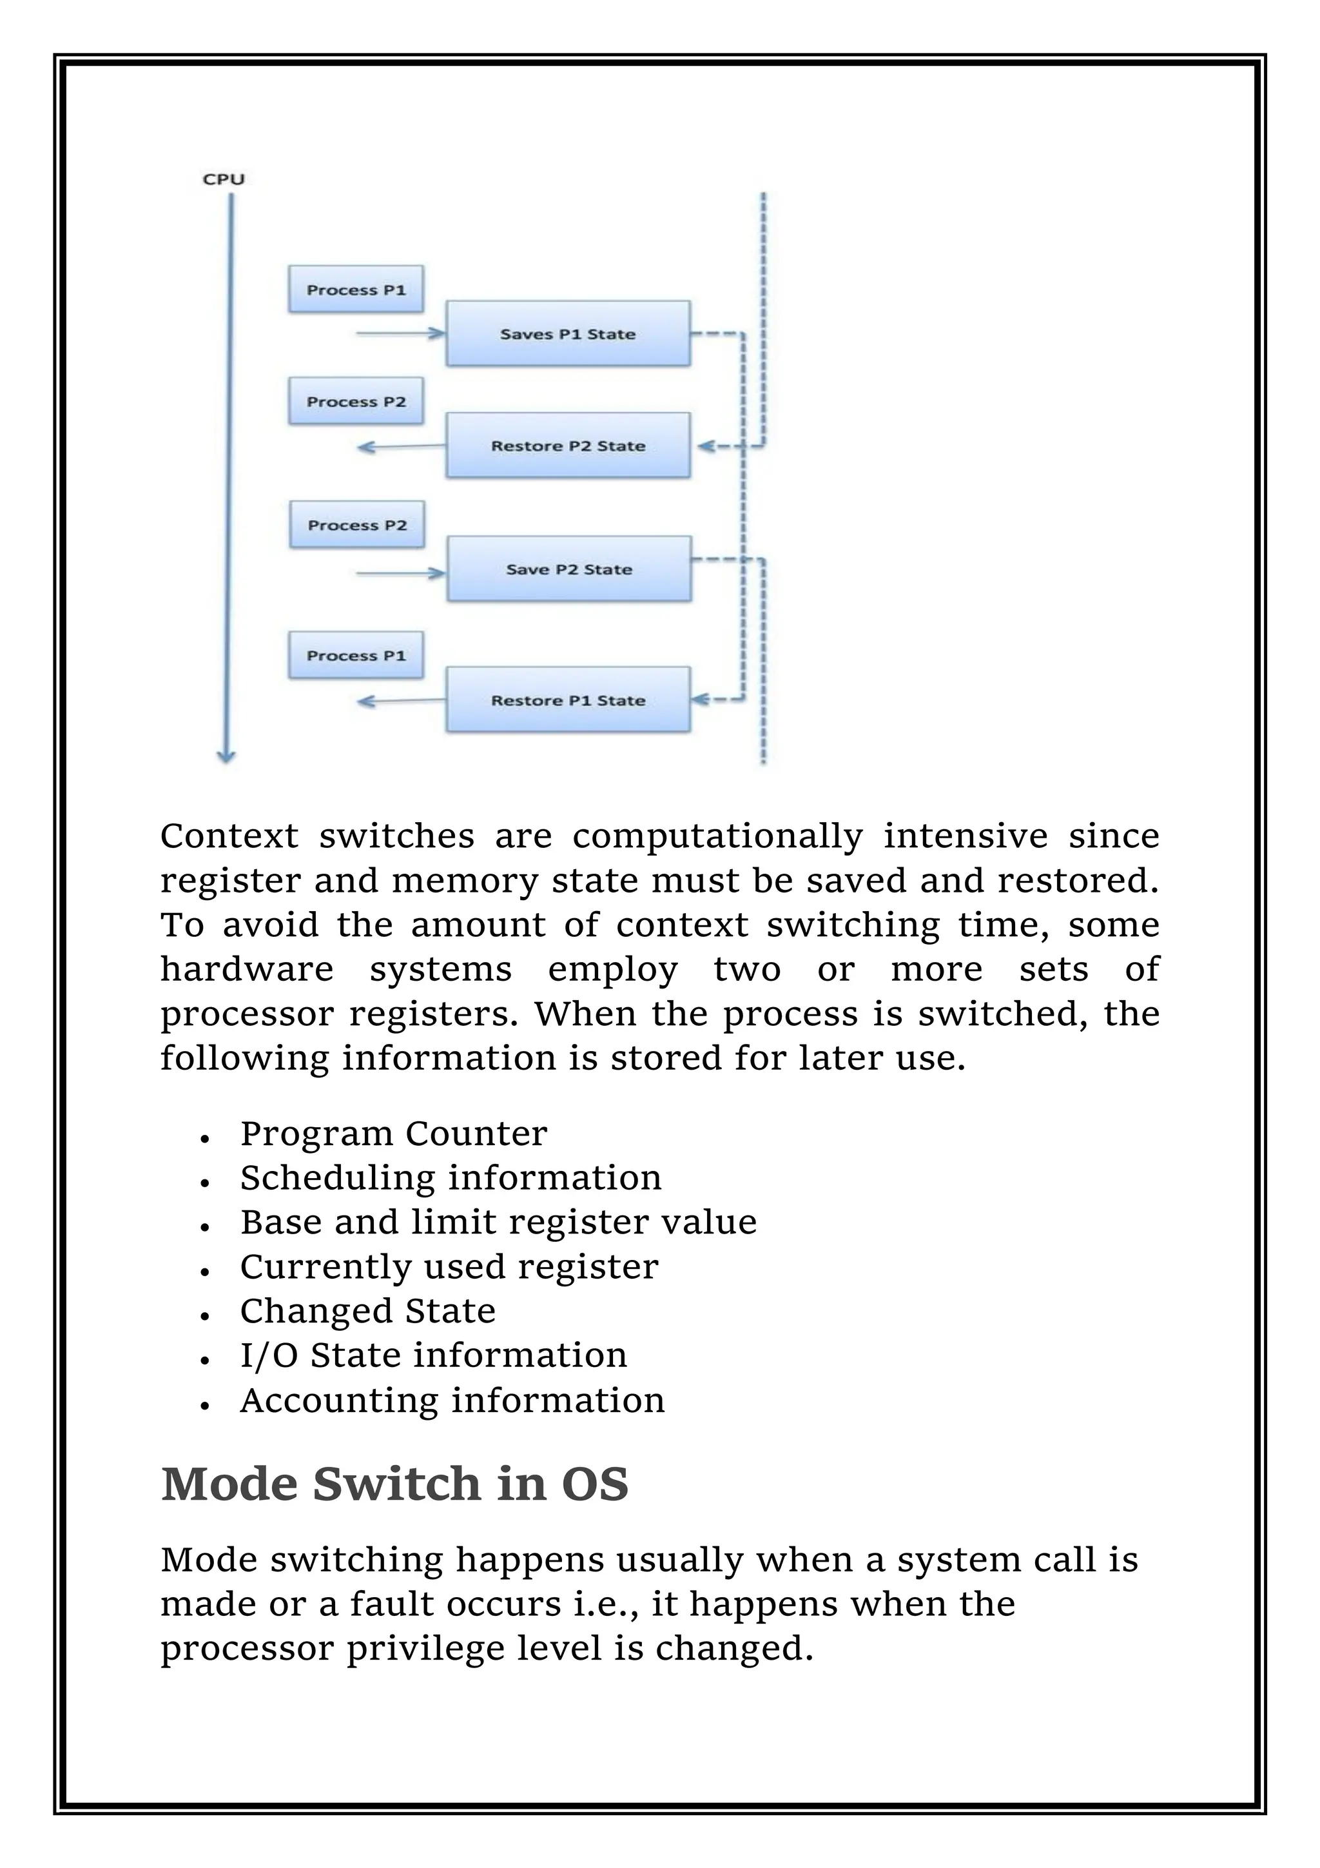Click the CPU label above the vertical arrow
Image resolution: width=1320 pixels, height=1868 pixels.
223,179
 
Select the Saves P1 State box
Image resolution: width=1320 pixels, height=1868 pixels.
568,333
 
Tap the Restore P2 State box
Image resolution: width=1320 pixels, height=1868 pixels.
568,446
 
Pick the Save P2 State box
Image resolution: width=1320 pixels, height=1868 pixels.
568,569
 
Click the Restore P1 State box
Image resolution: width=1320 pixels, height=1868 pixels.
568,700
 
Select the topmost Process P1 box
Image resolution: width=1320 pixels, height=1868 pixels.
355,290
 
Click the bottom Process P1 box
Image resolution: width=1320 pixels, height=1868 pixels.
355,656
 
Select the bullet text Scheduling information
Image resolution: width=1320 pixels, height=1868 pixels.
451,1178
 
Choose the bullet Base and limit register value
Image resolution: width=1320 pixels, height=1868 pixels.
498,1222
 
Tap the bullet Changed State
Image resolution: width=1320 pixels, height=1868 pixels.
367,1311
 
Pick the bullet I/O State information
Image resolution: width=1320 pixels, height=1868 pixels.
434,1355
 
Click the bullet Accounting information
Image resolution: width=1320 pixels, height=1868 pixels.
452,1400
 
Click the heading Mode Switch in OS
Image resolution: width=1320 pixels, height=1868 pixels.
394,1484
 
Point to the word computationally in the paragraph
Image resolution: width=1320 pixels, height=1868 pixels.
717,836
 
